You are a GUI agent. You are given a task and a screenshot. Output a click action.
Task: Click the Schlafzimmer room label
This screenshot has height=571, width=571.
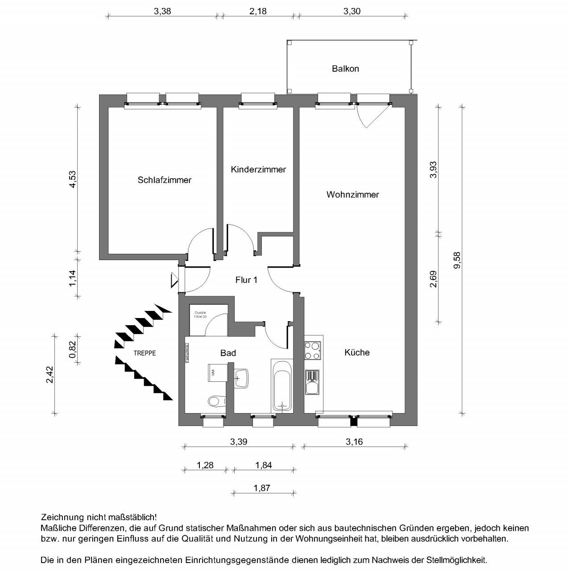pos(164,180)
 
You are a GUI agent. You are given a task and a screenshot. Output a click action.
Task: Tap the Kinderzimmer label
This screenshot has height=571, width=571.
pos(258,170)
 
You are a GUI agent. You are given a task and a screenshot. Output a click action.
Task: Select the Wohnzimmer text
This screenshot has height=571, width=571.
pos(352,194)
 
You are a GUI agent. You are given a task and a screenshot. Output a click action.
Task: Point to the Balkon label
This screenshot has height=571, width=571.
pos(345,69)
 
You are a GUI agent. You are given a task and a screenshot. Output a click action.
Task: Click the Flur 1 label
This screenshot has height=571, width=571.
pos(246,280)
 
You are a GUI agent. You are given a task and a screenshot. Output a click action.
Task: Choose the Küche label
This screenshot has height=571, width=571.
pos(357,352)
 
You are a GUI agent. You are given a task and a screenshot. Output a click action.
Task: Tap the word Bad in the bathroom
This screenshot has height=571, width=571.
pos(228,353)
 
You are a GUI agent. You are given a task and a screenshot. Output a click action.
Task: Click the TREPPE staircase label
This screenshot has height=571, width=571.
pos(145,353)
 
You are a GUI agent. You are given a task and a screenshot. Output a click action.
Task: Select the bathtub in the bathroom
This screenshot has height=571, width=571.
pos(281,386)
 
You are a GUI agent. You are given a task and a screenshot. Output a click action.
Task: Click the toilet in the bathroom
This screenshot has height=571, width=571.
pos(216,401)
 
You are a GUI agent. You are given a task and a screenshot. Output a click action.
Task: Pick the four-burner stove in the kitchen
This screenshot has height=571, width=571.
pos(312,350)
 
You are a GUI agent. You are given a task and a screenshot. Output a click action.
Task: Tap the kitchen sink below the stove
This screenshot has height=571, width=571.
pos(312,383)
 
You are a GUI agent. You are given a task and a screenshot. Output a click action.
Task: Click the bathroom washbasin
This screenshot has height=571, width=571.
pos(241,377)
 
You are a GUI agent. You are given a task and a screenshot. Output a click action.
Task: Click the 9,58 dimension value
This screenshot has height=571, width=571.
pos(456,260)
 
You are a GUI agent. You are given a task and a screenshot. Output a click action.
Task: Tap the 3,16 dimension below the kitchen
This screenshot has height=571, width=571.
pos(354,442)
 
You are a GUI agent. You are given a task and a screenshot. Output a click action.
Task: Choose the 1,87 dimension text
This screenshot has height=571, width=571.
pos(262,488)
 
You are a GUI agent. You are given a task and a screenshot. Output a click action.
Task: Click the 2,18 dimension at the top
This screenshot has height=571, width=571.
pos(258,11)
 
